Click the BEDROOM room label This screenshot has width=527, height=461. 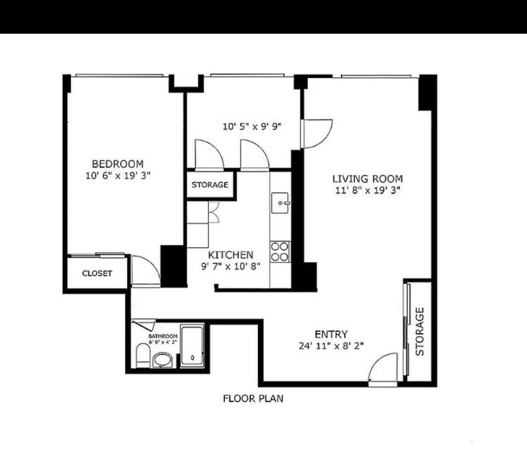coord(117,164)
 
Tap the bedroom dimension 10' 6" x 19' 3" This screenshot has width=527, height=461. coord(117,176)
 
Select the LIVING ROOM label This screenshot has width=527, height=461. coord(367,178)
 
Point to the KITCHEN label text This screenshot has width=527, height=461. coord(230,254)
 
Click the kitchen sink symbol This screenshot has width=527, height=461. coord(280,203)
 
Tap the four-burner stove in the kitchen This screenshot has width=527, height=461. coord(280,252)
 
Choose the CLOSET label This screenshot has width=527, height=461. coord(97,273)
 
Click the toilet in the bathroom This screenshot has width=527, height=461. coord(143,356)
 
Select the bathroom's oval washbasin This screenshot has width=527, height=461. coord(162,360)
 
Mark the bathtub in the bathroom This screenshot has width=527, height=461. coord(193,346)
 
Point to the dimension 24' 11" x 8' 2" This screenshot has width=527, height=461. coord(331,346)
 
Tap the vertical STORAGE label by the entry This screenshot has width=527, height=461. coord(419,332)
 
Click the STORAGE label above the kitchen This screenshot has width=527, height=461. coord(209,185)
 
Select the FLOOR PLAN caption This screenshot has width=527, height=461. coord(253,398)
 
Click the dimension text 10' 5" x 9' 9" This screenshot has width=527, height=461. coord(252,126)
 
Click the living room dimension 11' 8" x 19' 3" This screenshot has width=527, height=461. coord(367,190)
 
